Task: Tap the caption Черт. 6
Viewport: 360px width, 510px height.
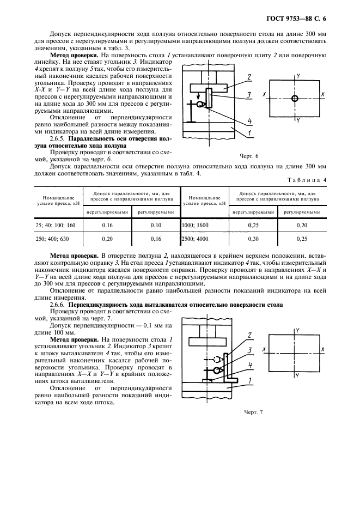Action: pos(249,156)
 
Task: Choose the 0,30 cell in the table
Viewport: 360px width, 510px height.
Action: pos(253,239)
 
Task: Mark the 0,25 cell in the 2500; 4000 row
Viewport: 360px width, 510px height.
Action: pos(303,239)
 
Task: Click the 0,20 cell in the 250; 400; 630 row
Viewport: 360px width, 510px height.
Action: pos(107,239)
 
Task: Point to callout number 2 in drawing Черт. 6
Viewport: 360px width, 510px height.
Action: pos(248,77)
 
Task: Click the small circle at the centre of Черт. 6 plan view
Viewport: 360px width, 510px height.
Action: pos(295,99)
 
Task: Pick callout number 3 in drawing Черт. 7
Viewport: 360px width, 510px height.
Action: pos(248,350)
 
